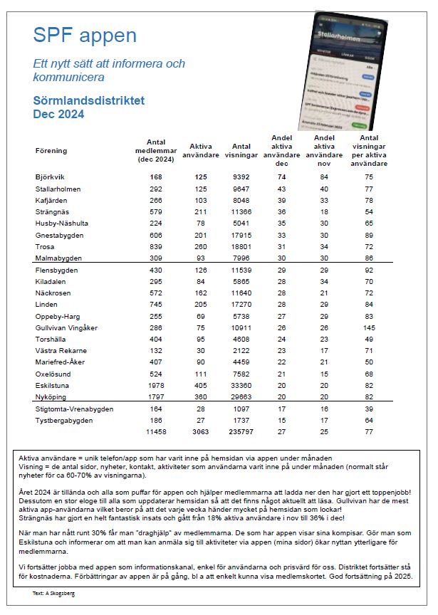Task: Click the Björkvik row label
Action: pyautogui.click(x=49, y=177)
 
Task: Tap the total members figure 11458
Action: pyautogui.click(x=155, y=431)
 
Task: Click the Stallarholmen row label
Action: pyautogui.click(x=58, y=189)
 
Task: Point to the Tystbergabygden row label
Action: pyautogui.click(x=63, y=421)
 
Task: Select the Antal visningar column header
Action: pyautogui.click(x=241, y=151)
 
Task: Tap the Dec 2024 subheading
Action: pyautogui.click(x=58, y=114)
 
